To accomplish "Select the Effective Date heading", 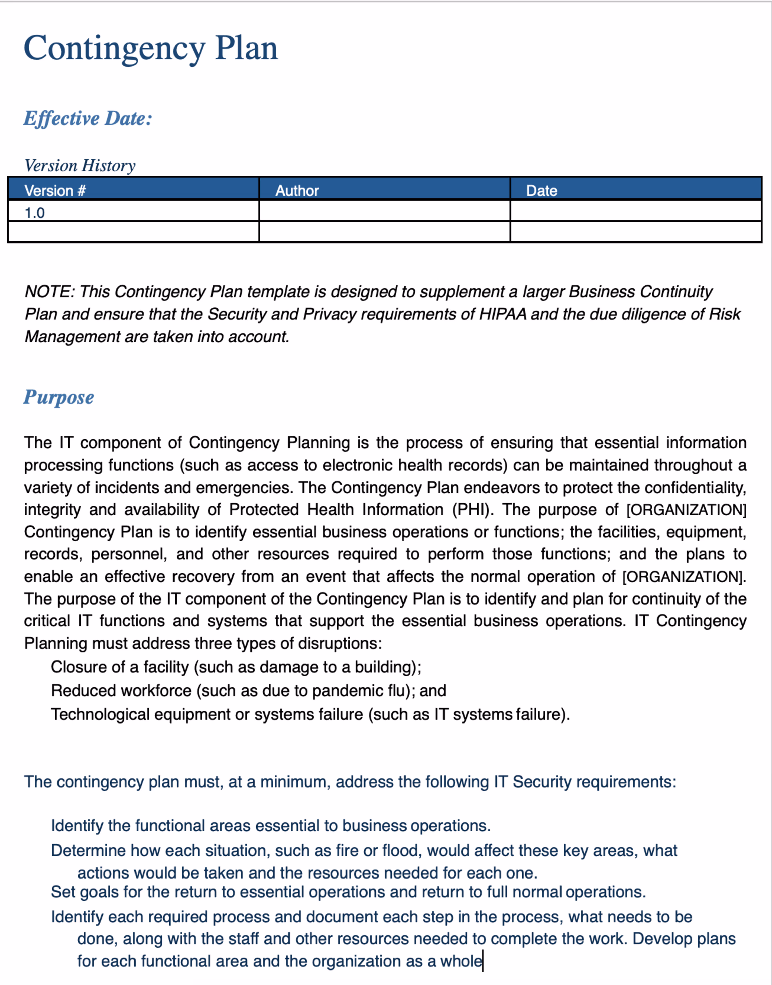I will (88, 119).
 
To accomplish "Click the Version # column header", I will (55, 190).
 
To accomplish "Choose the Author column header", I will (297, 190).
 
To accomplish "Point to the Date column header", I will (541, 190).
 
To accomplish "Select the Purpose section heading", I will (59, 397).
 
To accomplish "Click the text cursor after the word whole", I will (483, 961).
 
